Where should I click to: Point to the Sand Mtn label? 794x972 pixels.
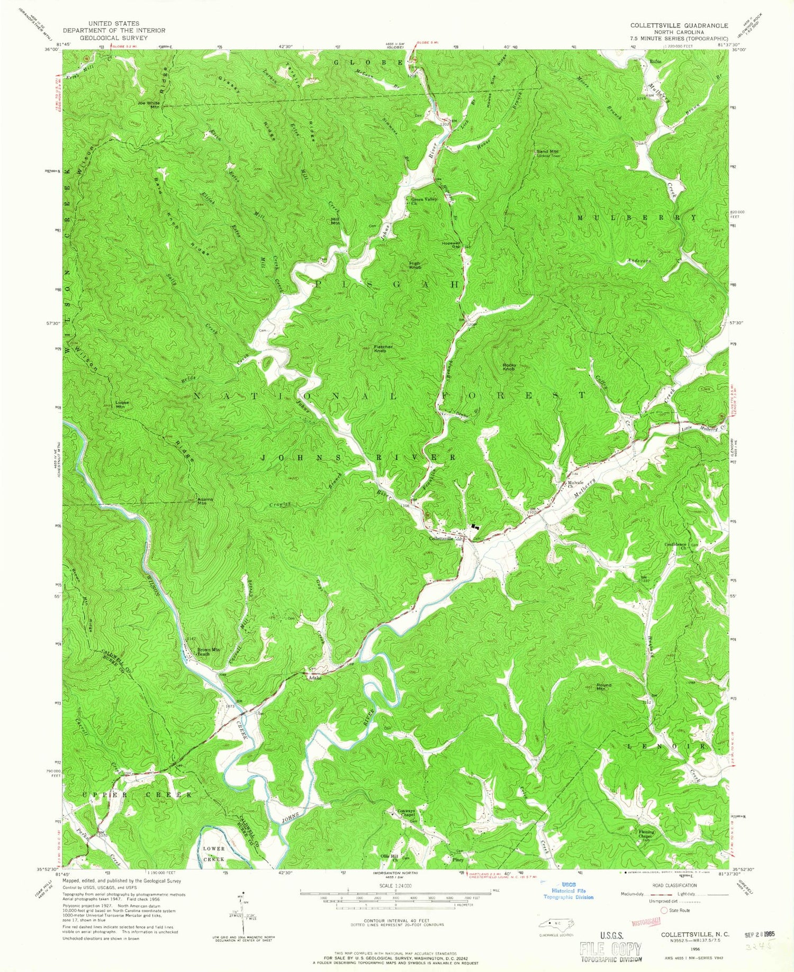point(547,152)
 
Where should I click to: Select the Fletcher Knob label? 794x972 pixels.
point(383,349)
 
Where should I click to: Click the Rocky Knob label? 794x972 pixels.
point(509,367)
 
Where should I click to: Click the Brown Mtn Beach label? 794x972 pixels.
point(208,652)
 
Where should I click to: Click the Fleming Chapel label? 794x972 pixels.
point(646,834)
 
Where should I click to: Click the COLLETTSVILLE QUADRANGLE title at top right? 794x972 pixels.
point(678,25)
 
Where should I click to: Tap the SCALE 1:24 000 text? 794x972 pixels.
point(395,885)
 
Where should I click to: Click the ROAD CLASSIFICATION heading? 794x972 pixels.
point(670,885)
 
